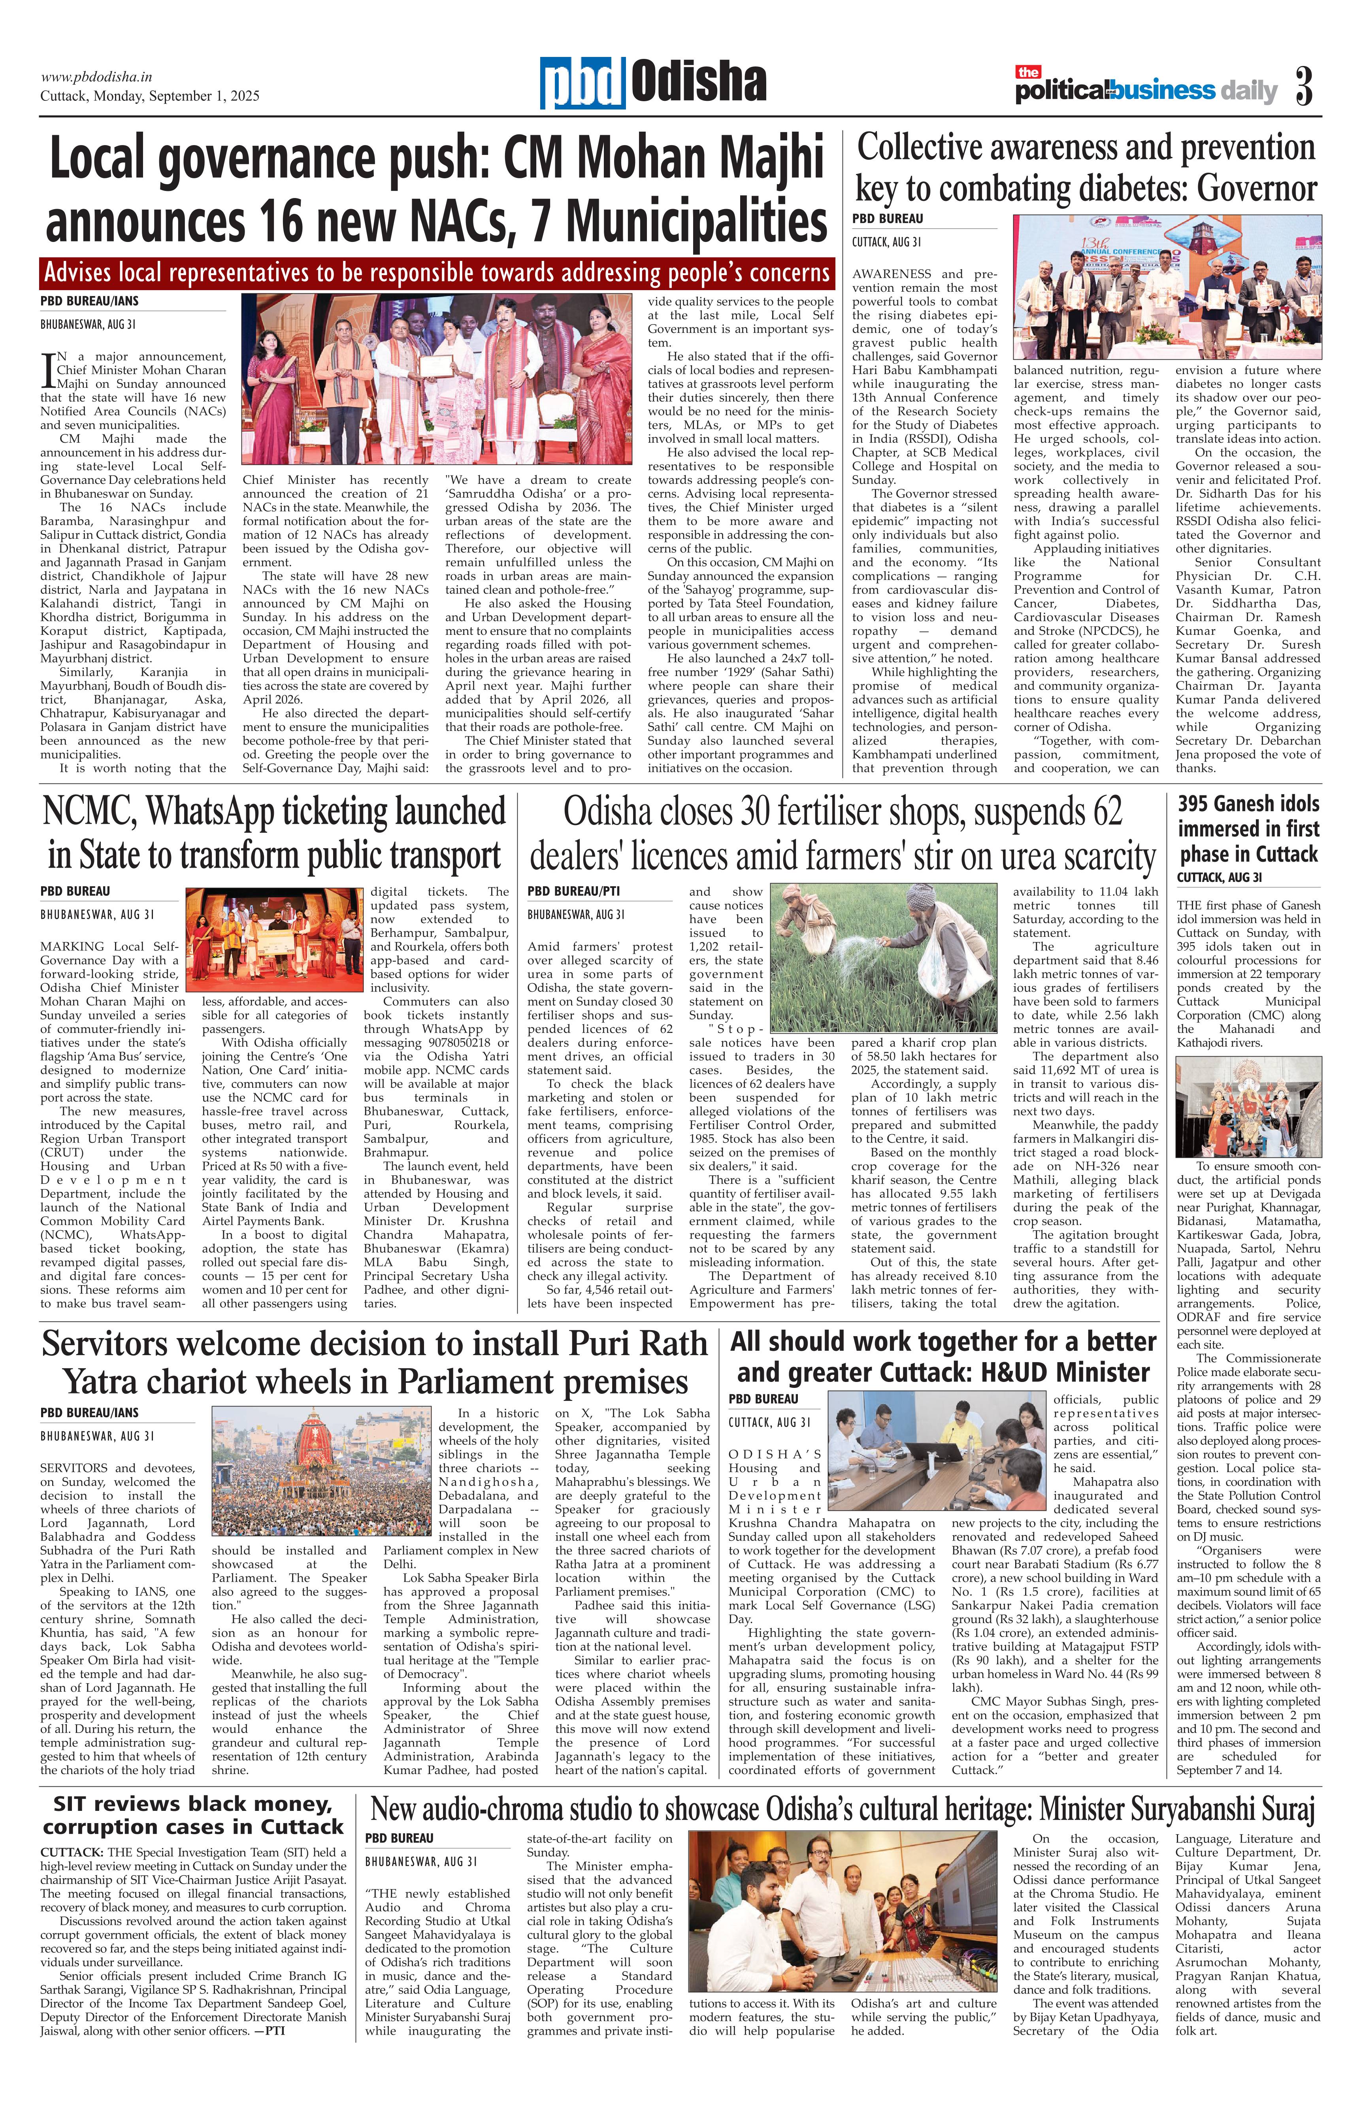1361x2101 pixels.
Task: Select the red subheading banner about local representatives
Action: pyautogui.click(x=437, y=273)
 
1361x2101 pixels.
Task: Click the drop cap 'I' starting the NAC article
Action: pyautogui.click(x=49, y=372)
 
